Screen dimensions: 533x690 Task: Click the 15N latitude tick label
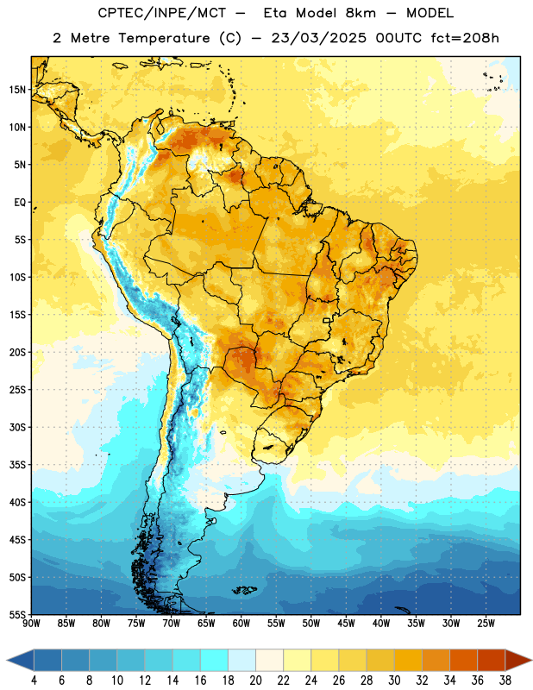pos(17,90)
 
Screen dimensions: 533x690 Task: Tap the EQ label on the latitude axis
pos(20,203)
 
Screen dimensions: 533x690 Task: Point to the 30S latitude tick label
pos(17,427)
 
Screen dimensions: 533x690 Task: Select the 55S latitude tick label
pos(17,615)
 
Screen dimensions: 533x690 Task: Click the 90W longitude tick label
pos(31,624)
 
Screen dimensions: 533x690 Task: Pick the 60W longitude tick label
pos(241,624)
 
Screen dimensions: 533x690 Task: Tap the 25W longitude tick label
pos(486,624)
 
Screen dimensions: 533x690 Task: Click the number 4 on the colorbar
pos(34,681)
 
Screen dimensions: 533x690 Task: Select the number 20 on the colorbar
pos(255,681)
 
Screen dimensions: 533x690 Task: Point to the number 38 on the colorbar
pos(505,681)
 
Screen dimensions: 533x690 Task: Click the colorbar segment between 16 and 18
pos(215,660)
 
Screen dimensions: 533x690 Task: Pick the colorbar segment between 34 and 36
pos(464,660)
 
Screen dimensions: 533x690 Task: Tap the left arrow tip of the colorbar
pos(7,660)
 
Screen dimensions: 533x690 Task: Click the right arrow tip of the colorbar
pos(532,660)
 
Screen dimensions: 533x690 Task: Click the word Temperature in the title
pos(164,38)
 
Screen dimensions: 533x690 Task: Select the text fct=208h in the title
pos(465,38)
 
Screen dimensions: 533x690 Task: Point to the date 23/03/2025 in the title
pos(318,38)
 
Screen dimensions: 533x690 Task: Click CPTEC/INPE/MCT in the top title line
pos(162,13)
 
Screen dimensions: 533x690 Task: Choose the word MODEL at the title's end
pos(430,13)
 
